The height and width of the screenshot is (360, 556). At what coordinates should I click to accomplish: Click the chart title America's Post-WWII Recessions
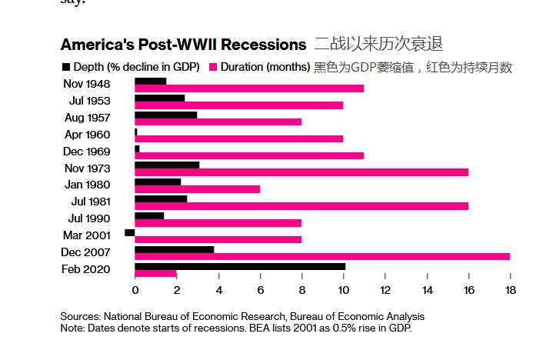pyautogui.click(x=183, y=45)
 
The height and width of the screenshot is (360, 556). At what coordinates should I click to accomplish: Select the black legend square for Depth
pyautogui.click(x=65, y=68)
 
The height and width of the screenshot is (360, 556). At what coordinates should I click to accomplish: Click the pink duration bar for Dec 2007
pyautogui.click(x=322, y=256)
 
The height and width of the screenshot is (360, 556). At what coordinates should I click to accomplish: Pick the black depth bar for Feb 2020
pyautogui.click(x=240, y=266)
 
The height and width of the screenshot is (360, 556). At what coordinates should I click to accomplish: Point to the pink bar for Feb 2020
pyautogui.click(x=155, y=274)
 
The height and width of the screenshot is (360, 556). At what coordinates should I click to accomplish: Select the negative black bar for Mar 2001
pyautogui.click(x=129, y=232)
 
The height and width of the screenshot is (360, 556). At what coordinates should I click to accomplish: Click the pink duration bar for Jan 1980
pyautogui.click(x=198, y=189)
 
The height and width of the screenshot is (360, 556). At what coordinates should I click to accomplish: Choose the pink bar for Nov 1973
pyautogui.click(x=301, y=172)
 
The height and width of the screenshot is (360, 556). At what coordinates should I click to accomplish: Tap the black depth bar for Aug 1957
pyautogui.click(x=166, y=115)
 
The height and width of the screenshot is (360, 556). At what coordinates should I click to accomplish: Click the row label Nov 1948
pyautogui.click(x=86, y=84)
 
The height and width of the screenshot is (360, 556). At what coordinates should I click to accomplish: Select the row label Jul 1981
pyautogui.click(x=90, y=202)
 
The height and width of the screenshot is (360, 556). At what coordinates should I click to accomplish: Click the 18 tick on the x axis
pyautogui.click(x=510, y=291)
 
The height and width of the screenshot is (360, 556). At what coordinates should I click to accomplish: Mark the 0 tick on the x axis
pyautogui.click(x=135, y=291)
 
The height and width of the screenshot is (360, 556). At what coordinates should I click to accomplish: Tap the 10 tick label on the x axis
pyautogui.click(x=343, y=291)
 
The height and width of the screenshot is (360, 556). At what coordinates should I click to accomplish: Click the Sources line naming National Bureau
pyautogui.click(x=241, y=317)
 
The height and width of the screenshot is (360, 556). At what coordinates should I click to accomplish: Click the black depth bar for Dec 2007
pyautogui.click(x=175, y=248)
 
